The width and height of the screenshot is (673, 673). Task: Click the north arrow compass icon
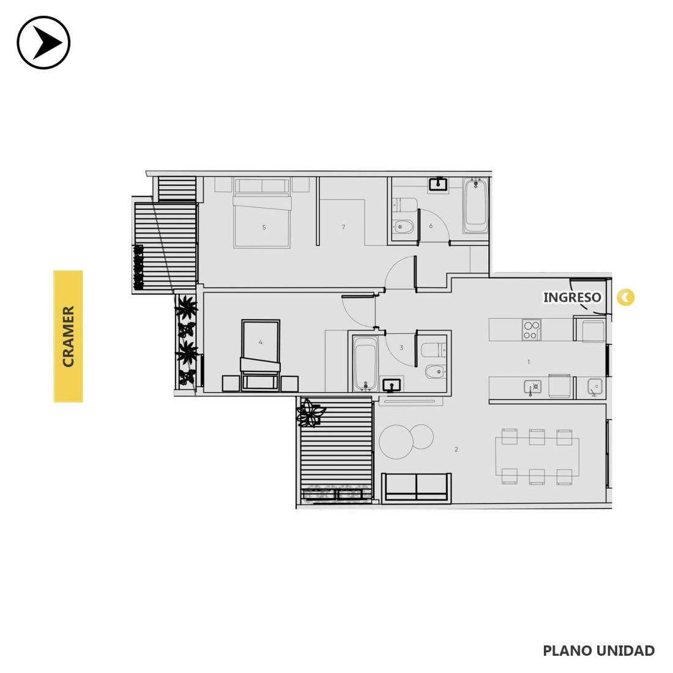coord(43,42)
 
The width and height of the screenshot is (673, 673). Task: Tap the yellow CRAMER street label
coord(68,336)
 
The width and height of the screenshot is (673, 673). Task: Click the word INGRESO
coord(571,297)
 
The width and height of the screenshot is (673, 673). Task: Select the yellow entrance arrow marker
coord(625,297)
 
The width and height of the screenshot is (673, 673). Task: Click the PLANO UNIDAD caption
coord(599,650)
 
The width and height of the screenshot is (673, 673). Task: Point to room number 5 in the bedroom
coord(264,228)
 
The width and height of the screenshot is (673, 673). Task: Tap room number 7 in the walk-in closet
coord(343,227)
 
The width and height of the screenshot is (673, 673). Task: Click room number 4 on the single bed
coord(261,342)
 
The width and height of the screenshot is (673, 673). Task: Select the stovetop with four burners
coord(531,330)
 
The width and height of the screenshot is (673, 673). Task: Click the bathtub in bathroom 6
coord(475,206)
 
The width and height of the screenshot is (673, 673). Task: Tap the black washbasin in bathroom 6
coord(438,184)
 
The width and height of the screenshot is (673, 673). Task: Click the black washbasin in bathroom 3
coord(392,385)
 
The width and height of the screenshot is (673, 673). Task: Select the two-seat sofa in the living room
coord(416,487)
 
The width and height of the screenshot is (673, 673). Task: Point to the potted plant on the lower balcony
coord(310,412)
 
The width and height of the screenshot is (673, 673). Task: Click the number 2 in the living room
coord(456,450)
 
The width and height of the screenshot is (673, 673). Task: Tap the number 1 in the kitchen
coord(529,362)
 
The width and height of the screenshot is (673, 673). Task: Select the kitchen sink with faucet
coord(532,387)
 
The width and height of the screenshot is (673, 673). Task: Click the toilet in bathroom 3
coord(434,350)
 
